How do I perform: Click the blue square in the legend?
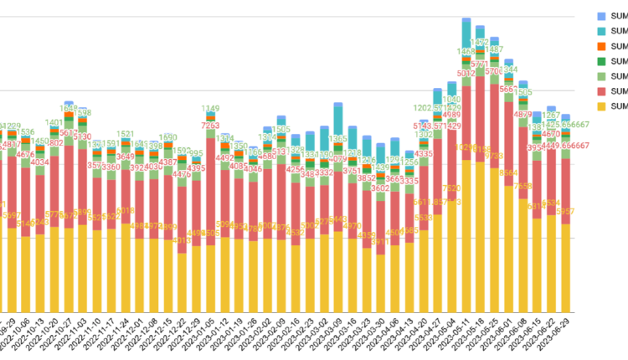click(x=602, y=16)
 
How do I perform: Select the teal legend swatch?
click(x=602, y=31)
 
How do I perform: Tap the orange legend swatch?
click(x=602, y=46)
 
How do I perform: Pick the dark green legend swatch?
click(x=602, y=61)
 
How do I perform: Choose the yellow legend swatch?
click(x=602, y=106)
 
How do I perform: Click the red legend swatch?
click(x=602, y=91)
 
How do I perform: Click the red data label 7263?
click(x=210, y=126)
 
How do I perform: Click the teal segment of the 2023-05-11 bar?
click(x=466, y=33)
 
